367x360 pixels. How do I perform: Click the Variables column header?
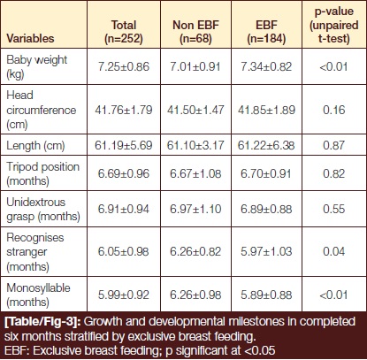tap(30, 38)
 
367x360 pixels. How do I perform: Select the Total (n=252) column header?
tap(124, 32)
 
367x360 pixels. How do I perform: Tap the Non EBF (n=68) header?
tap(195, 32)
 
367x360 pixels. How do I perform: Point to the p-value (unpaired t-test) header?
tap(334, 25)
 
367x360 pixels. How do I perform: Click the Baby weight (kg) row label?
tap(37, 66)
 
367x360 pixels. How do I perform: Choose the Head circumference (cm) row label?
tap(42, 110)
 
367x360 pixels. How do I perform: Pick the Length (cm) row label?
tap(35, 145)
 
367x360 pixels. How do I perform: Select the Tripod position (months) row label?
tap(43, 173)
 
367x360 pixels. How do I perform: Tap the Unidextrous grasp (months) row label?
tap(43, 209)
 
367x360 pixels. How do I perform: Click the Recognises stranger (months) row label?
tap(35, 252)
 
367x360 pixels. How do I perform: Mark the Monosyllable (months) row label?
tap(38, 295)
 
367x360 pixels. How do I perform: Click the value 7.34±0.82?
tap(266, 66)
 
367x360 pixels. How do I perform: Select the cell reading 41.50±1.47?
tap(195, 110)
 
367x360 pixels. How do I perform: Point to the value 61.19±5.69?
tap(124, 145)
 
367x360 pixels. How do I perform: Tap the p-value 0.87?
tap(334, 145)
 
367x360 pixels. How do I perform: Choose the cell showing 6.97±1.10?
tap(195, 209)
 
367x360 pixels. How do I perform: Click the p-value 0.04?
tap(334, 251)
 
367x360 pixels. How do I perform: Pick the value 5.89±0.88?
tap(266, 295)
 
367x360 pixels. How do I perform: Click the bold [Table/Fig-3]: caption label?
tap(42, 322)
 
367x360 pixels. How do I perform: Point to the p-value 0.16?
tap(334, 110)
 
